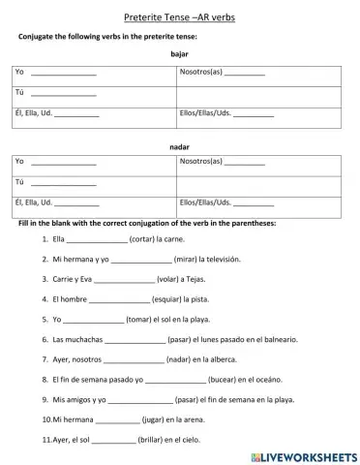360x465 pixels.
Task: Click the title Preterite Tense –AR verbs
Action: [x=180, y=17]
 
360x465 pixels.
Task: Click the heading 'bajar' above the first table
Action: [x=179, y=55]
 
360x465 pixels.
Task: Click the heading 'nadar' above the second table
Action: [x=179, y=146]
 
